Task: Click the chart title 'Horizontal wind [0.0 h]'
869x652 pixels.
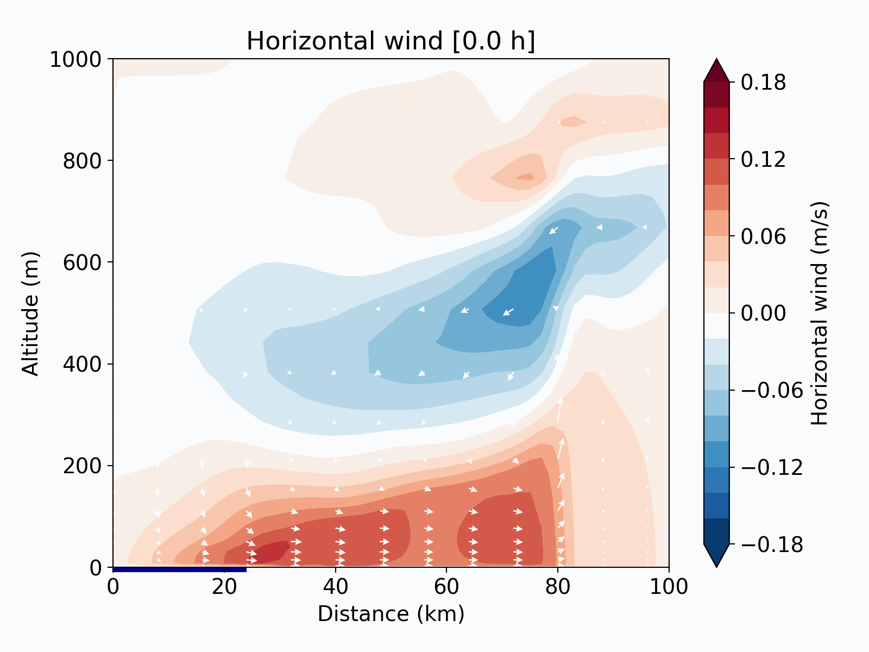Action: pos(391,41)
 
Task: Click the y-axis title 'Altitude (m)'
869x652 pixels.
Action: pos(31,313)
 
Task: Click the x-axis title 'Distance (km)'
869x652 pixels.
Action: pos(391,614)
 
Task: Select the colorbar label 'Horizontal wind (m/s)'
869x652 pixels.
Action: pos(820,313)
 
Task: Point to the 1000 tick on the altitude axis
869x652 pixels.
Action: pos(75,59)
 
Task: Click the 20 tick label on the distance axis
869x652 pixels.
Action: pos(224,587)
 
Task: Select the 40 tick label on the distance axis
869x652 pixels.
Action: pos(336,587)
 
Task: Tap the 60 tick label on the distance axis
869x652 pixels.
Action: pos(446,587)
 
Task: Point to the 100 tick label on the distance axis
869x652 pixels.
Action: pos(669,587)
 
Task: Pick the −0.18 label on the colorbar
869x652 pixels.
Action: pos(772,544)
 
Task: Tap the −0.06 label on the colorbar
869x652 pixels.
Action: pos(772,390)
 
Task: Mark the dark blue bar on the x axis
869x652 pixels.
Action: pos(180,569)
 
